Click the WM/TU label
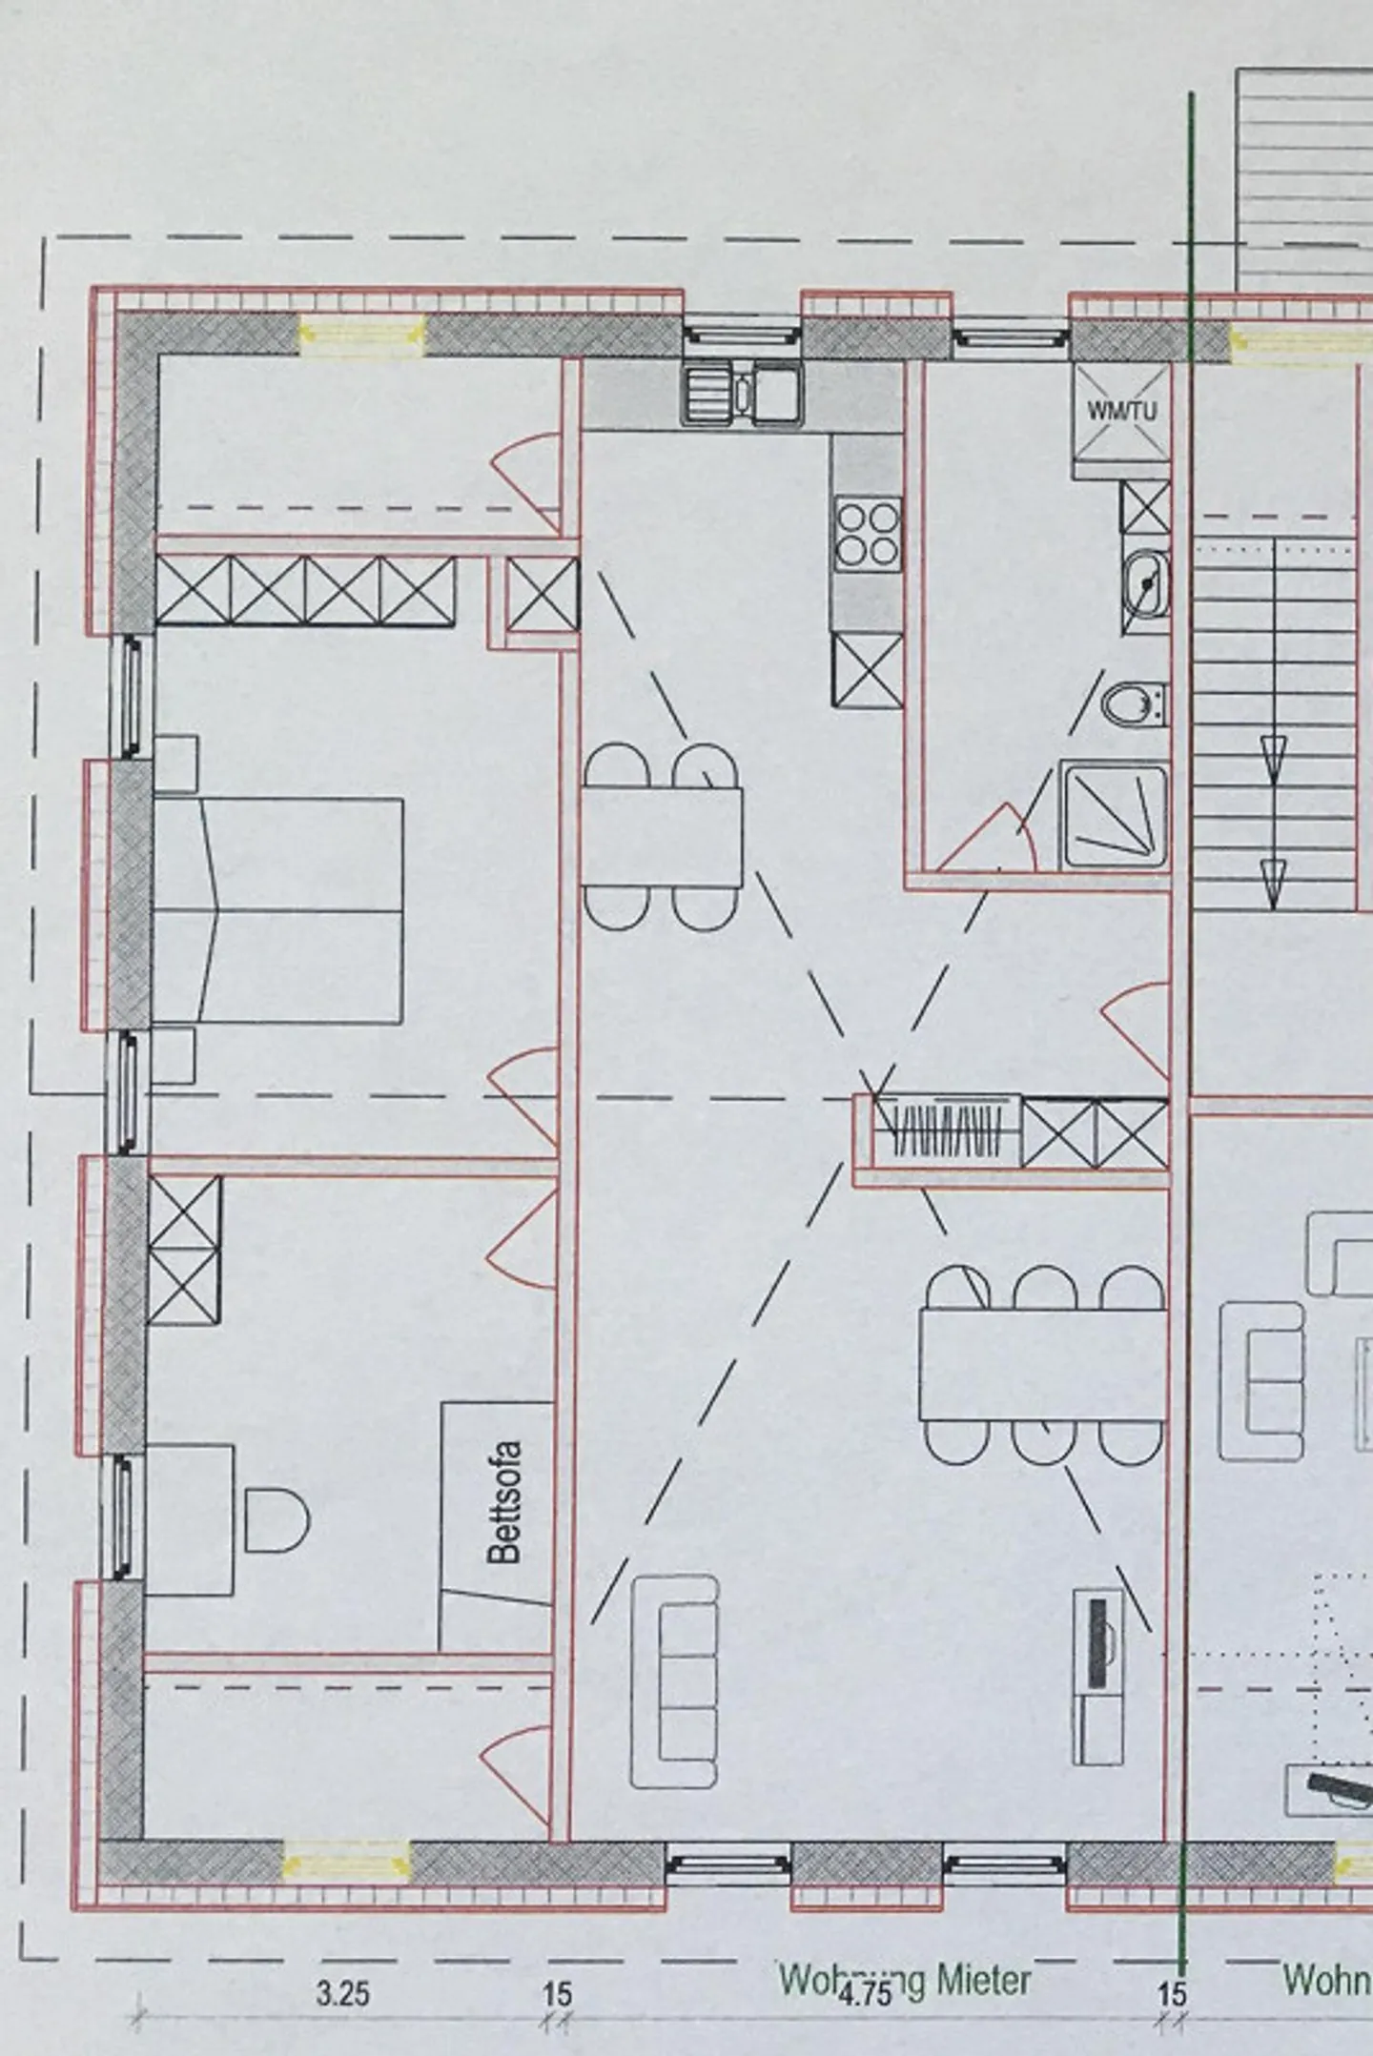click(1122, 411)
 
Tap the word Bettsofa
click(505, 1514)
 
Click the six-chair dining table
click(1042, 1365)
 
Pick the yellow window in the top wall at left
click(362, 334)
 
